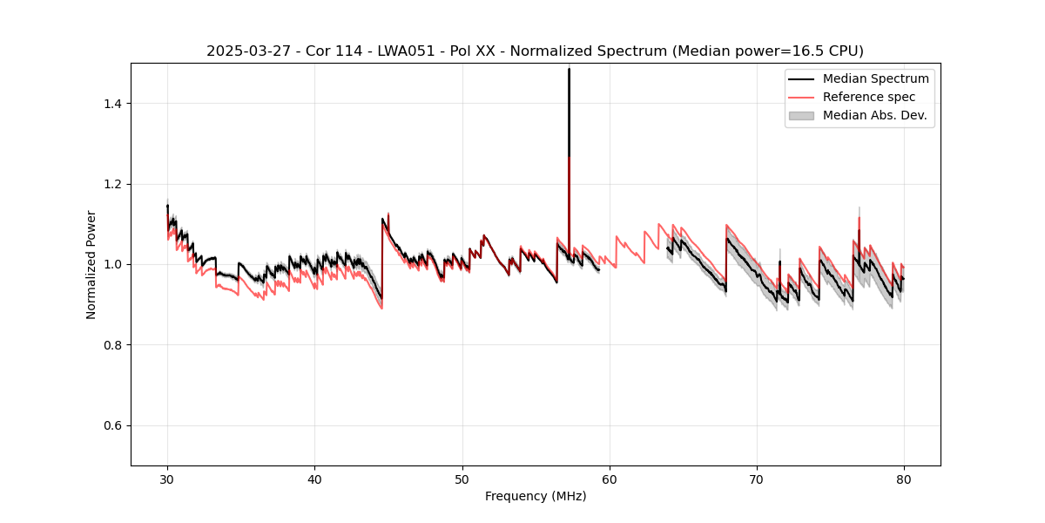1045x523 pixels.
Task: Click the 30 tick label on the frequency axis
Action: click(167, 479)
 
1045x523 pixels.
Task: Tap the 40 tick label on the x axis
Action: click(314, 479)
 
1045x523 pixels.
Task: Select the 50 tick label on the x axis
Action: click(462, 479)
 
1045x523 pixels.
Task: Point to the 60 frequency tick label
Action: click(610, 479)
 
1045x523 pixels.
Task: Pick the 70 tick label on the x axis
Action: click(757, 479)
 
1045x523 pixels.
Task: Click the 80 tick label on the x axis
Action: click(904, 479)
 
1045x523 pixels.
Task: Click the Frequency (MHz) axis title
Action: click(536, 496)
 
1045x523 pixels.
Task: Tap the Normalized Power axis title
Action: click(91, 264)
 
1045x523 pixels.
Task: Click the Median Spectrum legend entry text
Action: click(875, 78)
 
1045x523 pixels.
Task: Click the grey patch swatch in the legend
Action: click(801, 115)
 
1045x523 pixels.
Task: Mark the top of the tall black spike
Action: click(569, 68)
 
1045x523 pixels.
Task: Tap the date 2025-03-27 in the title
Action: click(245, 51)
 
